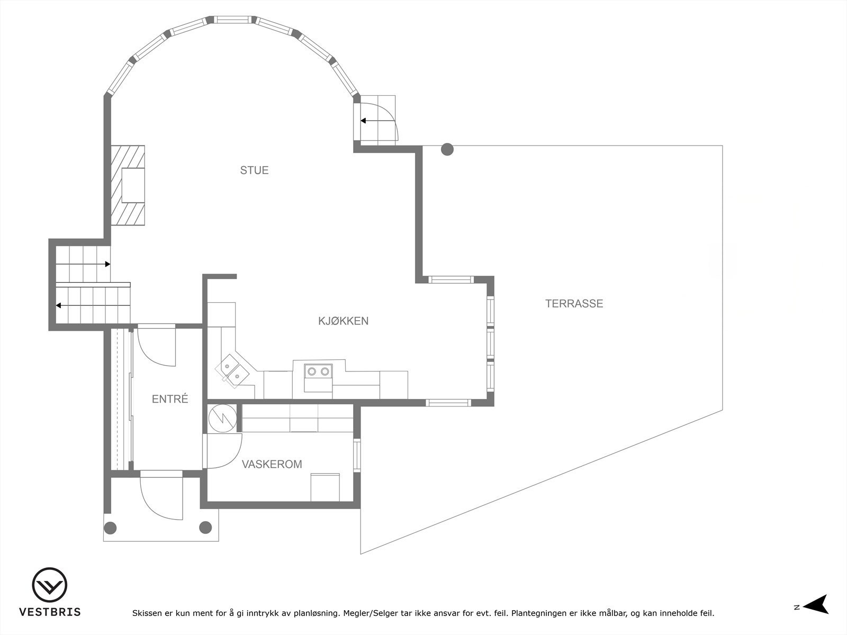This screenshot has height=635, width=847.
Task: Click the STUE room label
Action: (254, 170)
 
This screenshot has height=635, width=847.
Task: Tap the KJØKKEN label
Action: (343, 321)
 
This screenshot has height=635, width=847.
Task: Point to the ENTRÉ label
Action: (170, 400)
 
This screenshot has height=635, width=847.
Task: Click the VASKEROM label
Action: (272, 465)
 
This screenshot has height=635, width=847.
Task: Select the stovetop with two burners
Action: (317, 371)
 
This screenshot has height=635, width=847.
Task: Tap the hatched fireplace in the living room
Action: (128, 185)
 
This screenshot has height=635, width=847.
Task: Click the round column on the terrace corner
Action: (447, 150)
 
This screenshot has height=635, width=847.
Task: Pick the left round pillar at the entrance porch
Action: (110, 527)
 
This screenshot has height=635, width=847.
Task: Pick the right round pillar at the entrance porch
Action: (205, 527)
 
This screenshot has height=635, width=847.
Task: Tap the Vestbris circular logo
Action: (50, 585)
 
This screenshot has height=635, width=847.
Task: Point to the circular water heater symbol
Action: (222, 418)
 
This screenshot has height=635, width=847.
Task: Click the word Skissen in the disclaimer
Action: (148, 614)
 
